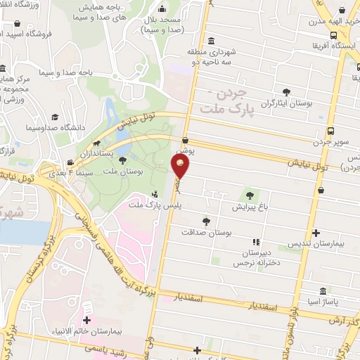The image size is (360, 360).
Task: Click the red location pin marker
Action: [x=181, y=167]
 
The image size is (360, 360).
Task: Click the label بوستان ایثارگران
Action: [x=286, y=103]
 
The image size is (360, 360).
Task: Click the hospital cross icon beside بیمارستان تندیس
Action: [x=316, y=233]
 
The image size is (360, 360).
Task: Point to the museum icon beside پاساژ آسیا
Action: [x=323, y=292]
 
